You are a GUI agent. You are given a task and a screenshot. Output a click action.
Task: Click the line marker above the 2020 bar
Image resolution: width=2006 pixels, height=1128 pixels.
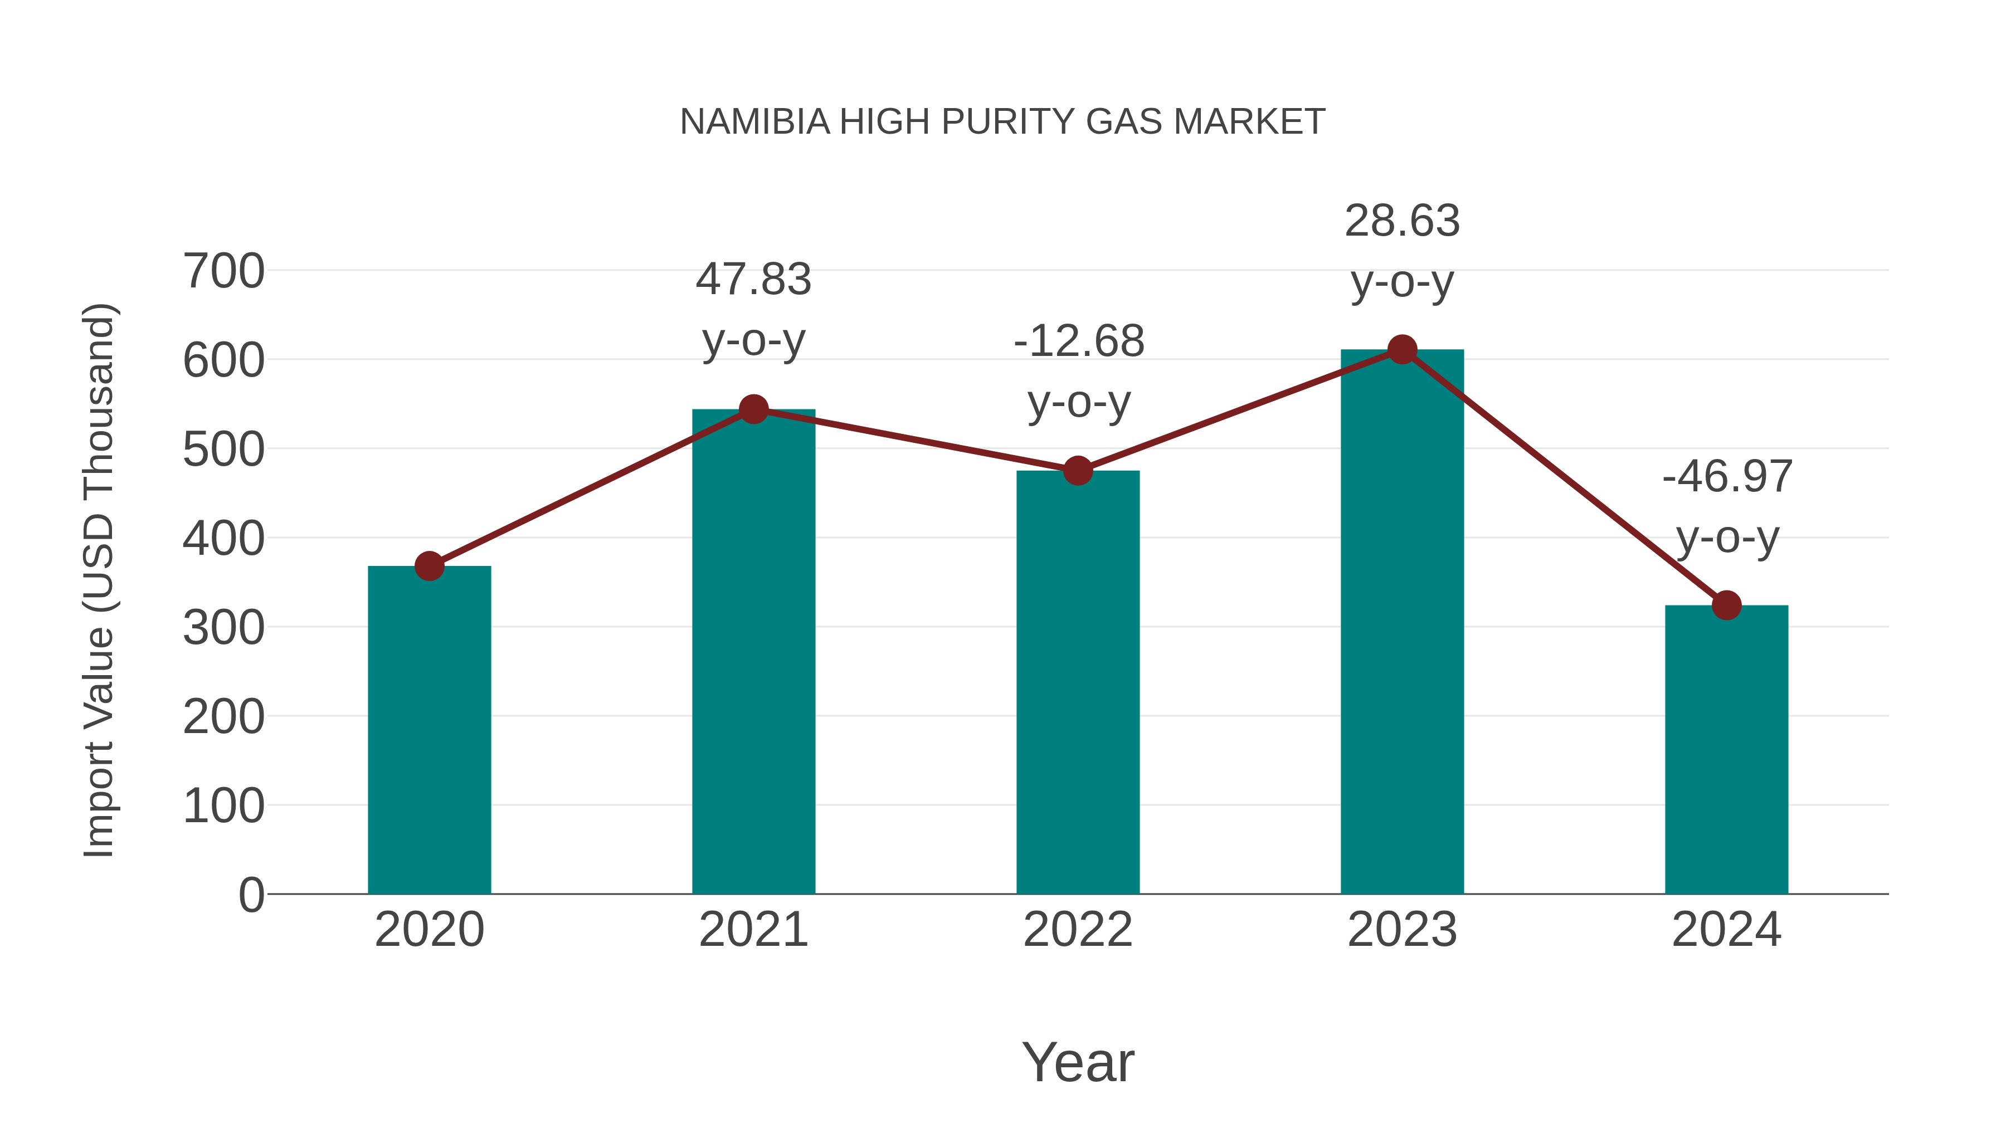pos(429,566)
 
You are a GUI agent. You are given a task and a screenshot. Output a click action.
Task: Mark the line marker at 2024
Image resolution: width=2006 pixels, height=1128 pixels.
pos(1726,605)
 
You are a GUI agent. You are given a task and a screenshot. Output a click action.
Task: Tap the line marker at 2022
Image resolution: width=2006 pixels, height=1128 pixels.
pos(1078,471)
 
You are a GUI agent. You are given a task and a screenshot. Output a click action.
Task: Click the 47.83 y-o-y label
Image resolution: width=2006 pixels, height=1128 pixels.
pos(753,309)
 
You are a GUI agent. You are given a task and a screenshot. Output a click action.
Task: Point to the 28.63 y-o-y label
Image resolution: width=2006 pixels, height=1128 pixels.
pos(1402,251)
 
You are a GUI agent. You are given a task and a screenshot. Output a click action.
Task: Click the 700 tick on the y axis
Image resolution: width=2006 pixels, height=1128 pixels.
pos(223,272)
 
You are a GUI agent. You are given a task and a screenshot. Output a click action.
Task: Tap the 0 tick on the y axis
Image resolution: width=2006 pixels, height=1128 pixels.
pos(251,895)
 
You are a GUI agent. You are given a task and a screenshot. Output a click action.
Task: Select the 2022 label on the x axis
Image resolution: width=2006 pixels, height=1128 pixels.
pos(1078,930)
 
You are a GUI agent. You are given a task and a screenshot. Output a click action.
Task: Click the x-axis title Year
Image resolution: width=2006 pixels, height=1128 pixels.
pos(1078,1062)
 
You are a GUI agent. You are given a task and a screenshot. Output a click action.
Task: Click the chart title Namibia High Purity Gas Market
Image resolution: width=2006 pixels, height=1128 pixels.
pos(1002,122)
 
